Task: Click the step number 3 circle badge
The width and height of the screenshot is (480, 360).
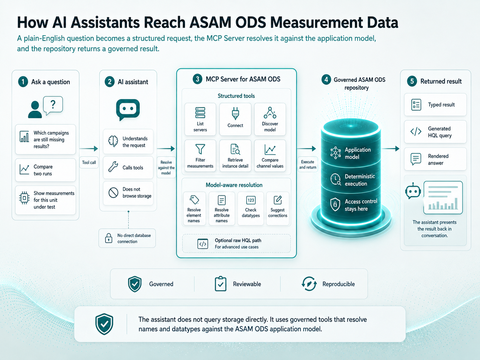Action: click(197, 79)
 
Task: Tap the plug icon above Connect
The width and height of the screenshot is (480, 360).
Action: click(235, 113)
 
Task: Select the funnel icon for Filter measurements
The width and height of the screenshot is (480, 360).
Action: click(200, 149)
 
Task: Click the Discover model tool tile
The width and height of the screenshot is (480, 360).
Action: click(270, 119)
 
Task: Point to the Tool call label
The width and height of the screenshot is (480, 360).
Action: click(89, 162)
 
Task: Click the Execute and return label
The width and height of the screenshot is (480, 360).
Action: click(308, 164)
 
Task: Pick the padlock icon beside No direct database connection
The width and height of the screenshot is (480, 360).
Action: click(109, 238)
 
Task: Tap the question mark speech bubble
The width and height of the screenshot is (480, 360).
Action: click(53, 105)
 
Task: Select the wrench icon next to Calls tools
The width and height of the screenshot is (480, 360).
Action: click(113, 167)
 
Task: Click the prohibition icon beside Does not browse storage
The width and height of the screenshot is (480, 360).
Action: click(113, 193)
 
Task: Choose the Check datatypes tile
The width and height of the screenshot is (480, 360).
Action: click(251, 208)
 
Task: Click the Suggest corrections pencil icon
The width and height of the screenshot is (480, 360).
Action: click(278, 200)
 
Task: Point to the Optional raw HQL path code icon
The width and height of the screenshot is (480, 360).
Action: click(203, 244)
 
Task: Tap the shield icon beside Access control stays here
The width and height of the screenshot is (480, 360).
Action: click(335, 205)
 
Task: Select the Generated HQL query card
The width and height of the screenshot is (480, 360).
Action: click(435, 132)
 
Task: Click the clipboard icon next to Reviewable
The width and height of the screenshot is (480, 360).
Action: click(220, 284)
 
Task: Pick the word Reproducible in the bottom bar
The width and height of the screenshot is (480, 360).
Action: click(338, 284)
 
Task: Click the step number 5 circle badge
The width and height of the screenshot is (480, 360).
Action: click(412, 81)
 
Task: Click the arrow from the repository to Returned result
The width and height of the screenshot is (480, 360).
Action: click(390, 149)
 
